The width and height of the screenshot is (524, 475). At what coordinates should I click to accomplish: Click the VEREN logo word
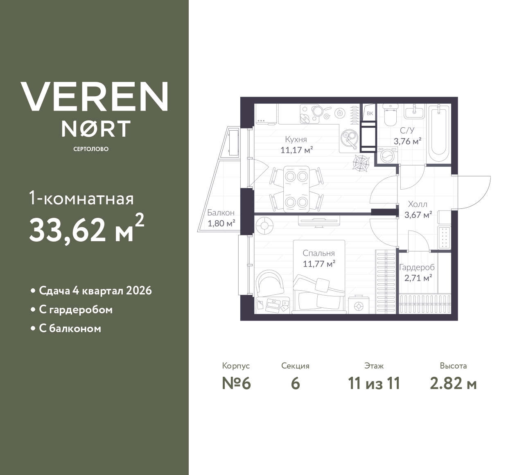pos(94,96)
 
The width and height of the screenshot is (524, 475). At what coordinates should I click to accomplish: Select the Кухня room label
pos(296,139)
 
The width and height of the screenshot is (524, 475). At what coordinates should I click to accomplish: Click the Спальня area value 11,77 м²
pos(319,264)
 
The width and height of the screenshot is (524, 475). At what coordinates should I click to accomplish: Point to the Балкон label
pos(221,213)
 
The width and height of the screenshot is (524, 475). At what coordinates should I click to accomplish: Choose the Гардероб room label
pos(417,267)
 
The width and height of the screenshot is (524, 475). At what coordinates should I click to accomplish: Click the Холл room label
pos(418,204)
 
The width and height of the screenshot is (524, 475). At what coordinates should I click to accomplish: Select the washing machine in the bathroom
pos(386,156)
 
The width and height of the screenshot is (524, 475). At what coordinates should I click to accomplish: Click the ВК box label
pos(370,113)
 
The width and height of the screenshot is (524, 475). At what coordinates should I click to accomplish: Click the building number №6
pos(236,384)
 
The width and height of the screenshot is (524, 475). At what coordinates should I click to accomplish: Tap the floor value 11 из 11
pos(374,384)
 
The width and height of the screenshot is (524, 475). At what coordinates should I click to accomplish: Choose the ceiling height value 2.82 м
pos(453,384)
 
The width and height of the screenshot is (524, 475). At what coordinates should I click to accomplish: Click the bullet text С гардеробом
pos(76,310)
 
